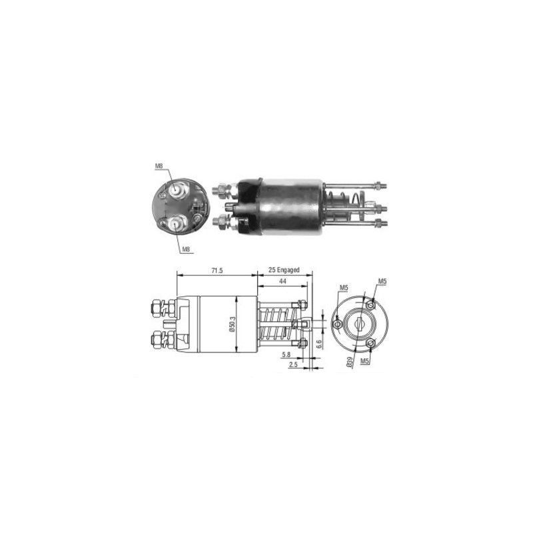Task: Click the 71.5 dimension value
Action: pyautogui.click(x=217, y=270)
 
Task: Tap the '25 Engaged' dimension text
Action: pyautogui.click(x=284, y=270)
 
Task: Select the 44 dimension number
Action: pyautogui.click(x=282, y=281)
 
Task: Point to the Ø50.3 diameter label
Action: pyautogui.click(x=232, y=324)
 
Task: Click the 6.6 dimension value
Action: pyautogui.click(x=319, y=344)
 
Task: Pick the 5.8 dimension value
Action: pyautogui.click(x=286, y=354)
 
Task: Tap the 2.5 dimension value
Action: pyautogui.click(x=293, y=364)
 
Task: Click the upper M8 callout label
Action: pyautogui.click(x=159, y=166)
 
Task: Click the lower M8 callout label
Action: pyautogui.click(x=186, y=249)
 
